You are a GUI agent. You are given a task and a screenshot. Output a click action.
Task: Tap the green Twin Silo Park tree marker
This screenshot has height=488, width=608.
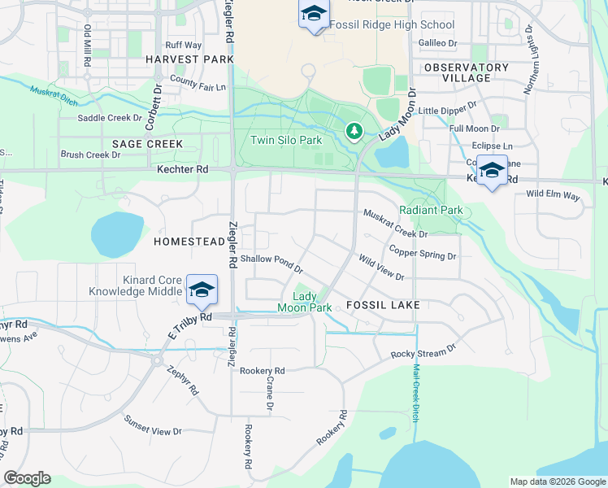pyautogui.click(x=354, y=130)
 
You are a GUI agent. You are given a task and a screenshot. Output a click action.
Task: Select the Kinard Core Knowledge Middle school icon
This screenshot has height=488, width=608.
pyautogui.click(x=202, y=289)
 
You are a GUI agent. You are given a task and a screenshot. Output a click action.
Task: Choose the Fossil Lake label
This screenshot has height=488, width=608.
pyautogui.click(x=383, y=305)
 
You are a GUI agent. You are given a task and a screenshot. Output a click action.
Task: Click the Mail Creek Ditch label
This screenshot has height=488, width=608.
pyautogui.click(x=415, y=390)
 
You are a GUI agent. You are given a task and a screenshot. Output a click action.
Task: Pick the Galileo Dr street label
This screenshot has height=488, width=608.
pyautogui.click(x=437, y=42)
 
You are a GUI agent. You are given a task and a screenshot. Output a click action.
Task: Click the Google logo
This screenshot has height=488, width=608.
pyautogui.click(x=27, y=478)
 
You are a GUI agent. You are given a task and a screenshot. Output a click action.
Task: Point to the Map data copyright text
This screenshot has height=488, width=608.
pyautogui.click(x=557, y=481)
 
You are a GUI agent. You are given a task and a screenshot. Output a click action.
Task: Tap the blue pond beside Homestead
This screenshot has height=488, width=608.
pyautogui.click(x=117, y=234)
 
